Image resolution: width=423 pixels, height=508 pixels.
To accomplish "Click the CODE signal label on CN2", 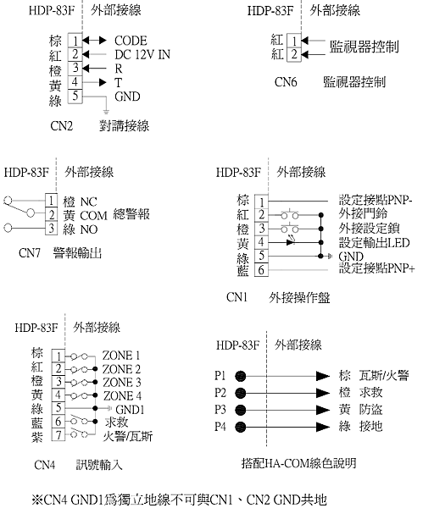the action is click(x=131, y=41).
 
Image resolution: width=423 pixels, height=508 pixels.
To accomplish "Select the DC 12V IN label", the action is click(x=142, y=54).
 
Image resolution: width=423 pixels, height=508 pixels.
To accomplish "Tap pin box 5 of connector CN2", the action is click(x=75, y=97).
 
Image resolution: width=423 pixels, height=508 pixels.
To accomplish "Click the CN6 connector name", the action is click(x=286, y=82).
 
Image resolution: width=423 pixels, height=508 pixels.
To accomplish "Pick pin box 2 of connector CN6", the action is click(x=294, y=54).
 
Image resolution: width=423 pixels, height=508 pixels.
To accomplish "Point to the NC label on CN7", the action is click(x=88, y=202).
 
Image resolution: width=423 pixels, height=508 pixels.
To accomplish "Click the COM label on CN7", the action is click(x=93, y=215).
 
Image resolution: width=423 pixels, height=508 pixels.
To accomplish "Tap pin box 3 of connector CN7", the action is click(x=51, y=228).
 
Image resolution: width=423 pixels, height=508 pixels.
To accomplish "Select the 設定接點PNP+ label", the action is click(x=376, y=268).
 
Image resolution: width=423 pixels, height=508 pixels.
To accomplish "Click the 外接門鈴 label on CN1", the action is click(x=363, y=213).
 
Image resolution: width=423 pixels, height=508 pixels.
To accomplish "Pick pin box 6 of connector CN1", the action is click(x=261, y=269).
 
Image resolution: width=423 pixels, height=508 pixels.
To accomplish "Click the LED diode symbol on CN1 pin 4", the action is click(x=291, y=241).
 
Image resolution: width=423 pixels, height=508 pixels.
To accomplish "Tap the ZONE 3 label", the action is click(x=122, y=383).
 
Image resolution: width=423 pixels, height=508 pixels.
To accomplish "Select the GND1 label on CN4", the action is click(x=130, y=410).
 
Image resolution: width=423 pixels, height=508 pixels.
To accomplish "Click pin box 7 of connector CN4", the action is click(x=58, y=434).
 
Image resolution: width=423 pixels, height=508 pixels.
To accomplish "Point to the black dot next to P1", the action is click(x=241, y=376).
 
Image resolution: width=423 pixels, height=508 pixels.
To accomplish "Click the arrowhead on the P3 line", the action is click(x=323, y=410).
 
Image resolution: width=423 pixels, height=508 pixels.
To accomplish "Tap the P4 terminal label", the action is click(x=220, y=426).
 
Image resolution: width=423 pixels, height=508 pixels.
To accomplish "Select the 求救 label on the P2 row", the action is click(x=371, y=392).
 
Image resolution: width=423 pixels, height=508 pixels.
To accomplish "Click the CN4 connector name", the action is click(x=44, y=465).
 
